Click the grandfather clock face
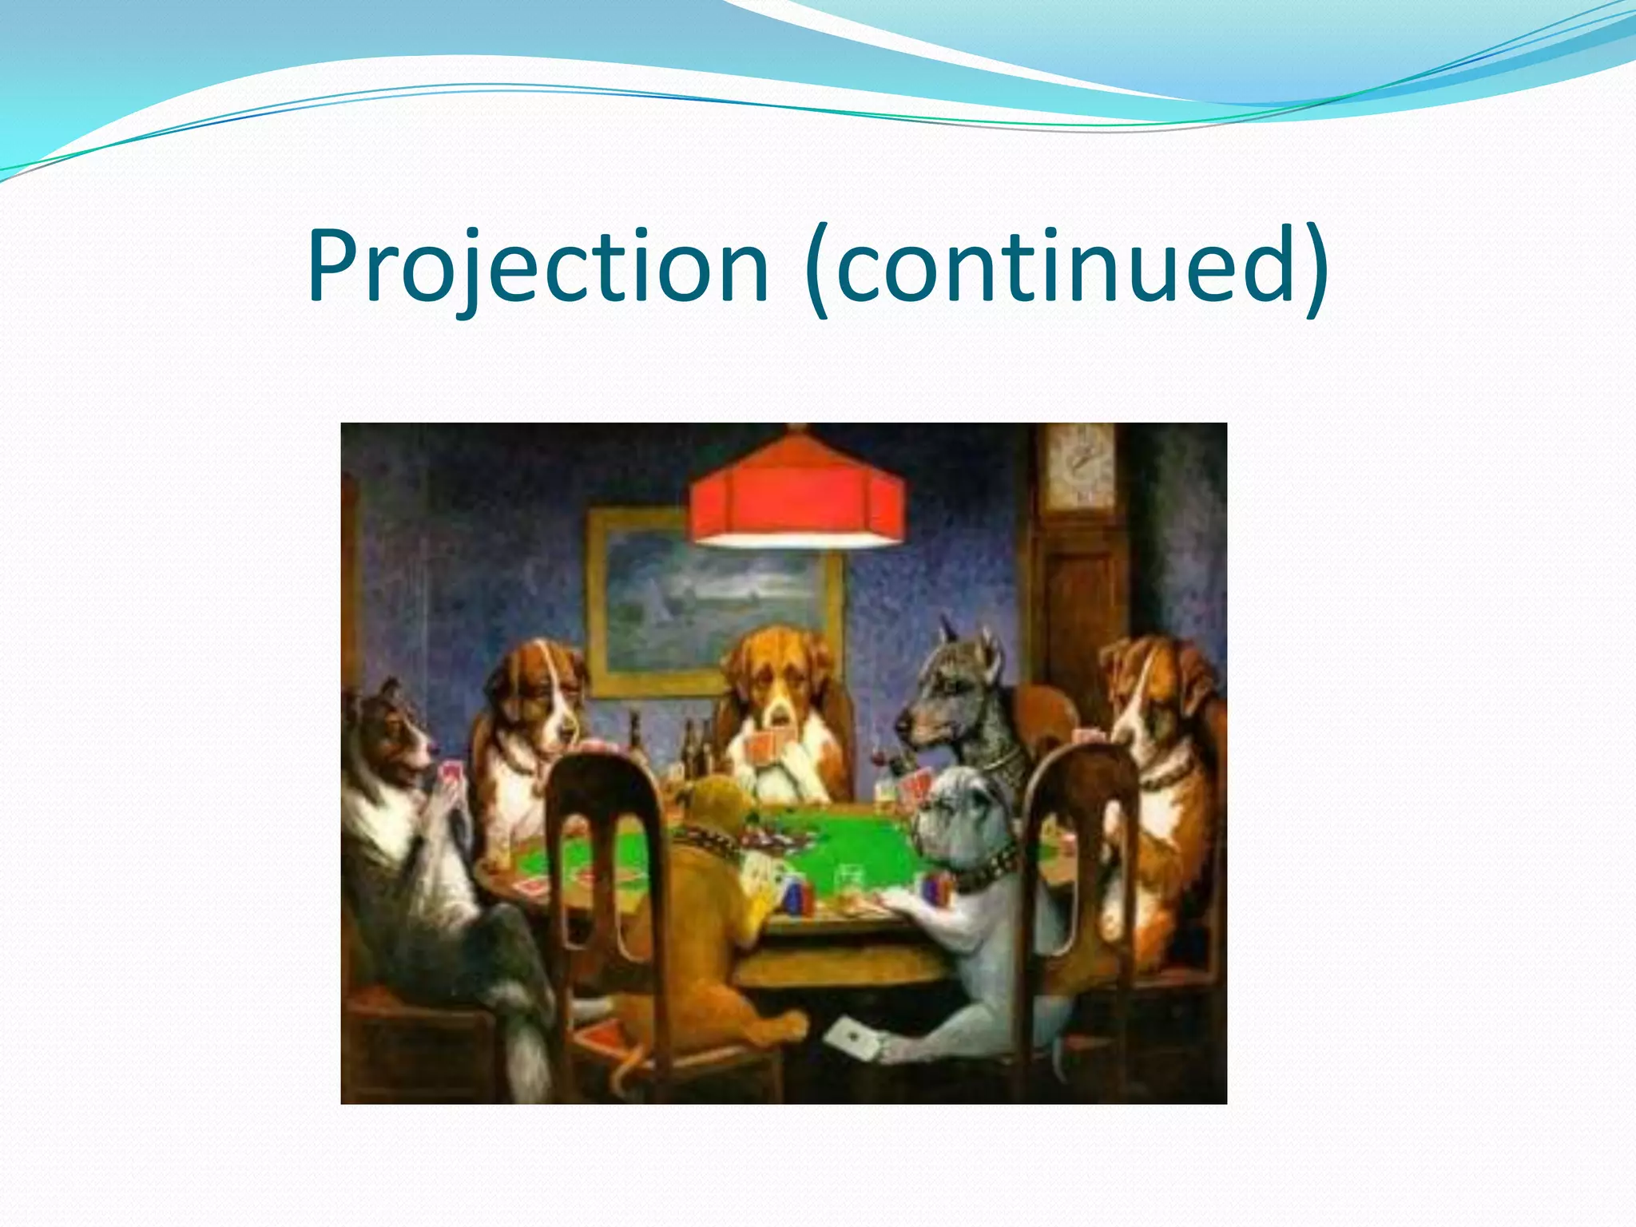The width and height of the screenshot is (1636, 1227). (1081, 467)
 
